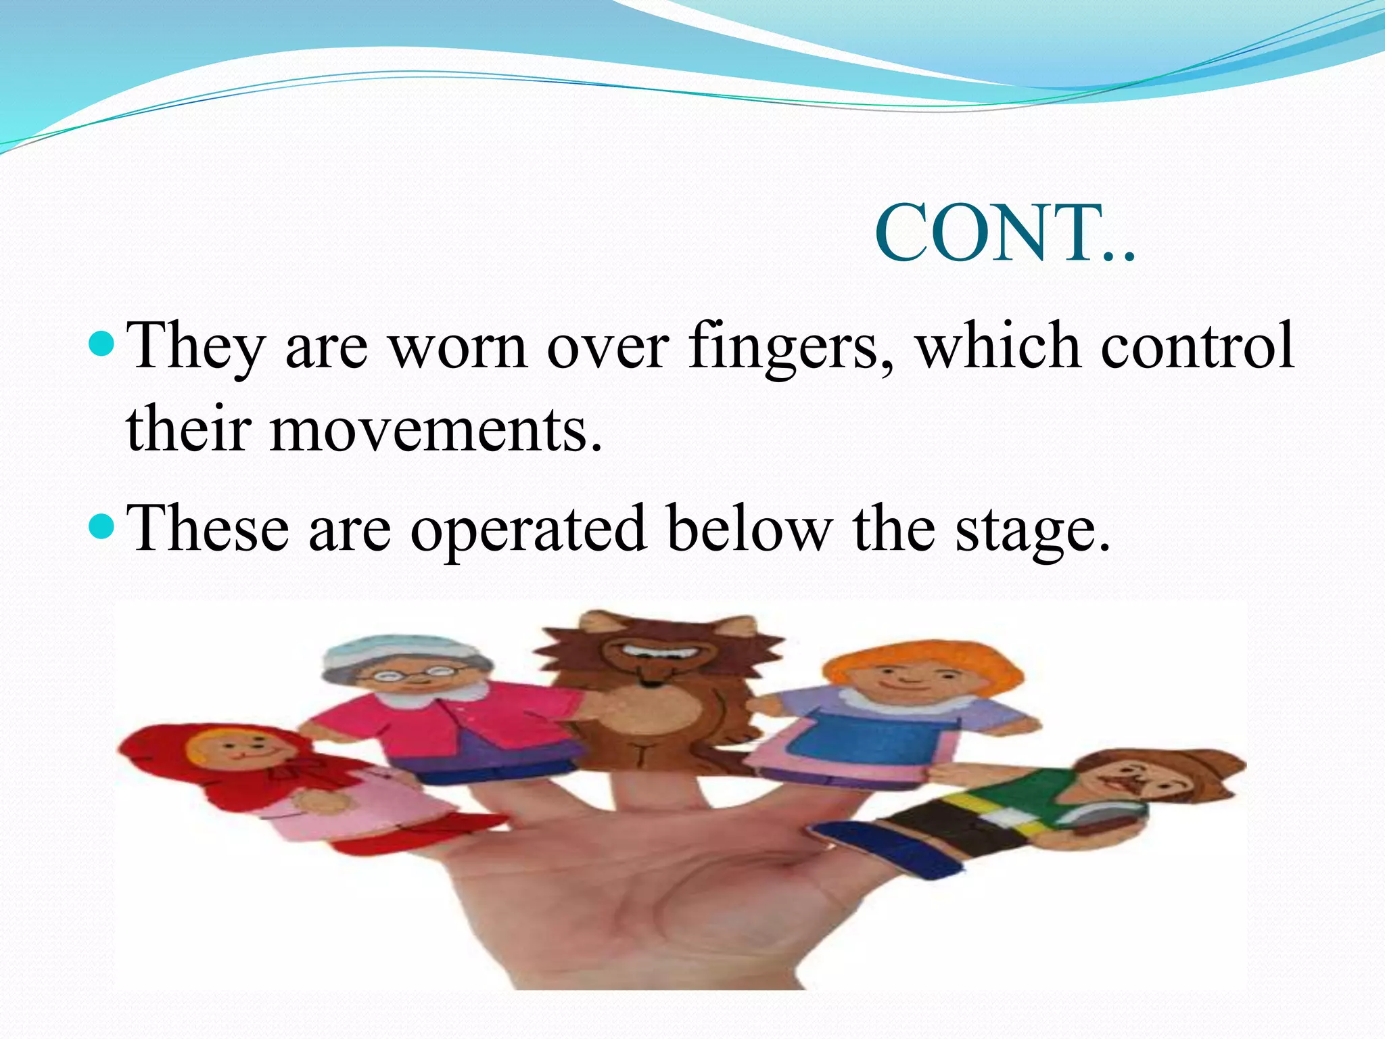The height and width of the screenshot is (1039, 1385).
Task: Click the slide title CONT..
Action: click(x=1005, y=233)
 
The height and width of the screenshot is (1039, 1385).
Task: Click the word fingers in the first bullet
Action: click(x=789, y=347)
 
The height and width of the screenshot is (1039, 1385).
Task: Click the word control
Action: click(x=1197, y=346)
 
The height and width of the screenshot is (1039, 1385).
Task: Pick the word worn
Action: click(x=459, y=347)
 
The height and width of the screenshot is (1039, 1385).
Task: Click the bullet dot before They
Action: click(x=102, y=342)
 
